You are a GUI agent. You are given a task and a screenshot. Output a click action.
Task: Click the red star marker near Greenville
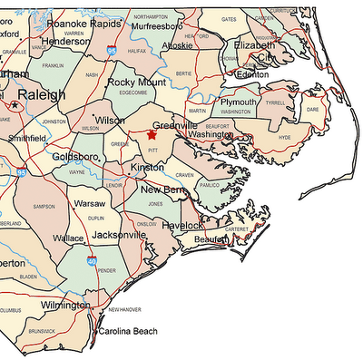(151, 134)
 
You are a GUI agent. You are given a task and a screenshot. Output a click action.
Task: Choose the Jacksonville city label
(118, 235)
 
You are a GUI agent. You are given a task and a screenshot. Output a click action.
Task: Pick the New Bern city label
(163, 190)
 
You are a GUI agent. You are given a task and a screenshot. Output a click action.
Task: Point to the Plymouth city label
(239, 103)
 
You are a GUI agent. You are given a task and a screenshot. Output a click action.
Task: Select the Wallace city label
(69, 238)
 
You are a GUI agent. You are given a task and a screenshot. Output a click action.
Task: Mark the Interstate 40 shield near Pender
(93, 262)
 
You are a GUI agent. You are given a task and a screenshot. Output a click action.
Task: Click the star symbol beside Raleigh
(15, 105)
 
